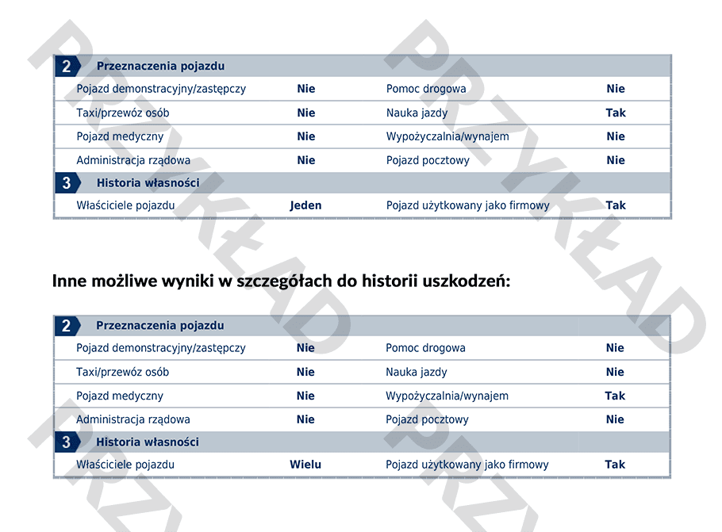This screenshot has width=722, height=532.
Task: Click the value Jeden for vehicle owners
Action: [305, 205]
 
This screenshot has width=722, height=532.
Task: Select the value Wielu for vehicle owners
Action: [305, 465]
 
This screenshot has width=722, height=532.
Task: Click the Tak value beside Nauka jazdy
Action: [616, 113]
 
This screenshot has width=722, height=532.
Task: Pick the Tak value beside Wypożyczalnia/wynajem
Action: [615, 396]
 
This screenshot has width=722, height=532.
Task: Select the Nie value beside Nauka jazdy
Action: [615, 372]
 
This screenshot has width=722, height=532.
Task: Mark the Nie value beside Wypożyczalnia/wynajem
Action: [616, 136]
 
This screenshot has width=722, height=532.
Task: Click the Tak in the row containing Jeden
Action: [616, 205]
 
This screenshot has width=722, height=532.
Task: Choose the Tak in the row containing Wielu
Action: [615, 465]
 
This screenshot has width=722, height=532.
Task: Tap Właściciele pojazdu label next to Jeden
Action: [125, 205]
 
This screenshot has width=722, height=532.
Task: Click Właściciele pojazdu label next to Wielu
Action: [125, 465]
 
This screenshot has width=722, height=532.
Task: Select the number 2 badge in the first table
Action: [67, 66]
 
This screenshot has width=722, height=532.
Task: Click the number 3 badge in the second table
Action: [67, 442]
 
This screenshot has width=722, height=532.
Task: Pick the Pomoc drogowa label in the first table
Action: [426, 89]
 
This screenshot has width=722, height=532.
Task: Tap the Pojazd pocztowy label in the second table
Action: [427, 419]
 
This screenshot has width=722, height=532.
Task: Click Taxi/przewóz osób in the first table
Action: [123, 113]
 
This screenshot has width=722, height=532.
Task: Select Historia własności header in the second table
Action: [148, 442]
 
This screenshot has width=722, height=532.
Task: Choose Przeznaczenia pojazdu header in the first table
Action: [160, 66]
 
